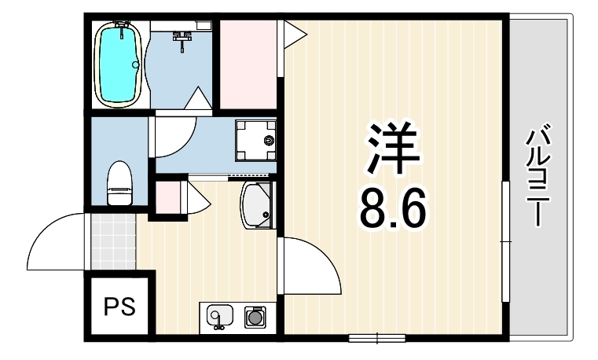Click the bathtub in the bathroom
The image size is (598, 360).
(x=119, y=64)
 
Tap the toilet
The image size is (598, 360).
(x=119, y=183)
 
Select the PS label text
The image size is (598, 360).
(x=119, y=307)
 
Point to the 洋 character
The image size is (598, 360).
(x=393, y=147)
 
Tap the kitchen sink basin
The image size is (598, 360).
(x=220, y=316)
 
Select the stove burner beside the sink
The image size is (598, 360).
(x=255, y=317)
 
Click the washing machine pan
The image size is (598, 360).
(x=255, y=141)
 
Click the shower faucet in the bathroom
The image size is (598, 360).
(x=183, y=39)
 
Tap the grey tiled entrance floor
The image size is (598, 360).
(x=114, y=242)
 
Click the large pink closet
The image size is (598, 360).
(x=248, y=64)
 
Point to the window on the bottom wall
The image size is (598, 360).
(x=377, y=338)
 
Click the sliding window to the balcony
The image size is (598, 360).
(x=506, y=241)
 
